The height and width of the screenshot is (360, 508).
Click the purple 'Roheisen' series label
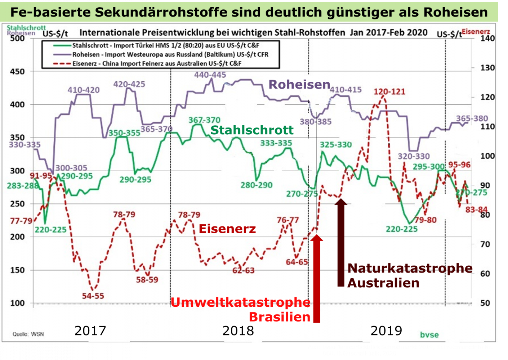[299, 85]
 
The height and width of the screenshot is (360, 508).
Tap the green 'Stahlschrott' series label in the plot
[252, 130]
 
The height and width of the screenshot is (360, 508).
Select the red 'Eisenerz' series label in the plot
[227, 229]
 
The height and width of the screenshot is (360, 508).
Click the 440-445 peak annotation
[210, 75]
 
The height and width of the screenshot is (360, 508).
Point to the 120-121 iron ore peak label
[389, 91]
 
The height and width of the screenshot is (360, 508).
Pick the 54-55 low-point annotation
[93, 296]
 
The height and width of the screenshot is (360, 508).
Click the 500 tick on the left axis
[17, 38]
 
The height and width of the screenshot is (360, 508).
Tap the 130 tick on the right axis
[487, 68]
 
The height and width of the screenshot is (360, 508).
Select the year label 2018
[238, 330]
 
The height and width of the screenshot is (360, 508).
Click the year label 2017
[90, 330]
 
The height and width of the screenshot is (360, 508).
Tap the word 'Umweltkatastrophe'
[240, 302]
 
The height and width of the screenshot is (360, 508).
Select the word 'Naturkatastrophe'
[410, 268]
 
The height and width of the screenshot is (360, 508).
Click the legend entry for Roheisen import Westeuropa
[170, 54]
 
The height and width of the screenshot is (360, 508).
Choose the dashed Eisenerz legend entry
[157, 63]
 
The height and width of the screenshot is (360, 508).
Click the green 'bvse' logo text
[429, 335]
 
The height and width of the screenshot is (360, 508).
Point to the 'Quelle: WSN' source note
[28, 334]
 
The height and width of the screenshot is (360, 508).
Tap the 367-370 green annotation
[204, 120]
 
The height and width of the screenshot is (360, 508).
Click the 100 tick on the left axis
[17, 303]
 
